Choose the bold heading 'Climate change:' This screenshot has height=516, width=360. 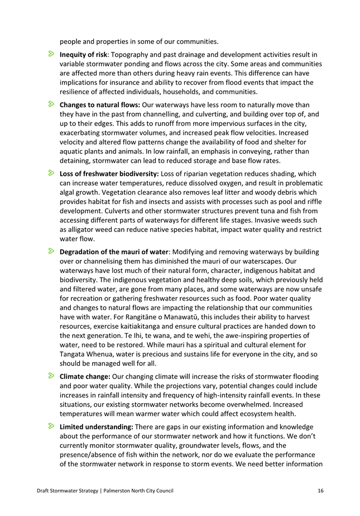pyautogui.click(x=85, y=377)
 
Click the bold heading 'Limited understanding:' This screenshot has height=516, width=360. pyautogui.click(x=96, y=427)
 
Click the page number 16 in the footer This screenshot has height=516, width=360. pyautogui.click(x=320, y=491)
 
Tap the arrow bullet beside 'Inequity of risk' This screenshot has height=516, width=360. pyautogui.click(x=51, y=55)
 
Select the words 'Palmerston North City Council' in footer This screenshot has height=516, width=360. pyautogui.click(x=139, y=491)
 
